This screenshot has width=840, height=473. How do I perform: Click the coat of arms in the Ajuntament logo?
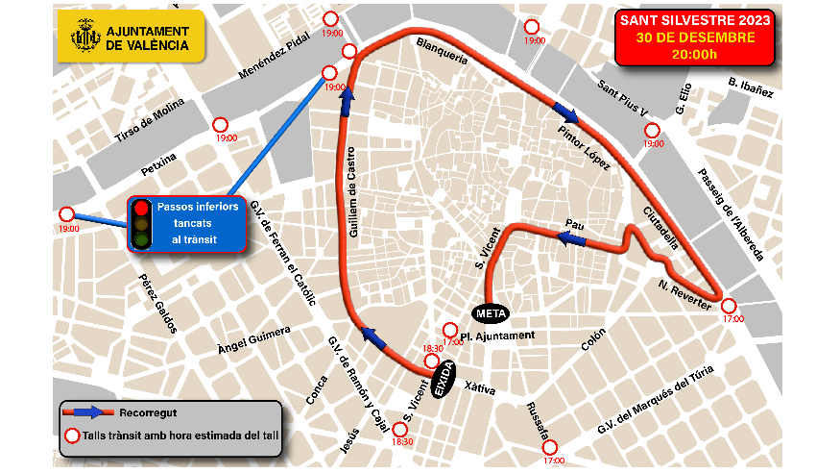86,37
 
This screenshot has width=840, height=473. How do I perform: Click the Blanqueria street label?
442,51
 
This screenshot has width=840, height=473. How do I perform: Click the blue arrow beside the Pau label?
572,236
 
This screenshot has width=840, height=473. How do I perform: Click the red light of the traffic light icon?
142,207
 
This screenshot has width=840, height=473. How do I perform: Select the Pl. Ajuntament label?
497,336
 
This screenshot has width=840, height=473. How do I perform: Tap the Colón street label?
593,339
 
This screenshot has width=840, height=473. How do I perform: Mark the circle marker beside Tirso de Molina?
220,124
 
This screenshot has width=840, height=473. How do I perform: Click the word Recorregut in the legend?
148,413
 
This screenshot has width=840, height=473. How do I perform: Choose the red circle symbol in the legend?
71,436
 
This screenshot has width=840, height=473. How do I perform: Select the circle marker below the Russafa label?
550,446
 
